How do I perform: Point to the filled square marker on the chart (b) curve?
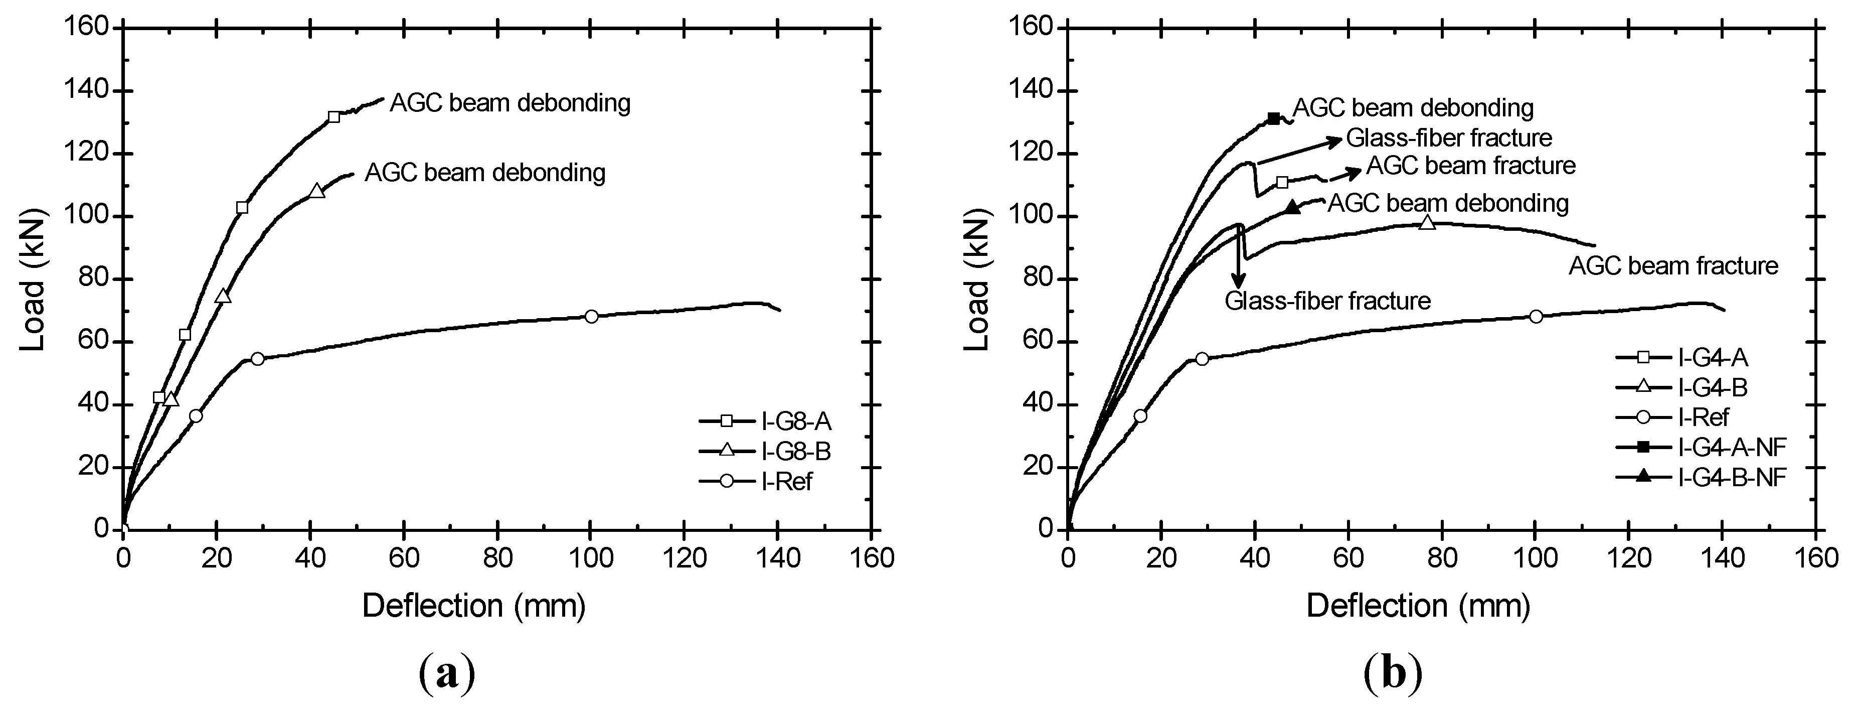(x=1273, y=118)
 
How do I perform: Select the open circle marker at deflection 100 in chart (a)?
(x=592, y=317)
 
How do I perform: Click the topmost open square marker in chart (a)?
(x=333, y=117)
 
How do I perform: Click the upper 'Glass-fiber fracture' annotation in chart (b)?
(x=1449, y=137)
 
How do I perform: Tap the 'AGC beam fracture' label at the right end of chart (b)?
(x=1673, y=266)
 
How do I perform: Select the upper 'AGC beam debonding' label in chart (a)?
(x=510, y=103)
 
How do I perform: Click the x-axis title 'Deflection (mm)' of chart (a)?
(x=473, y=606)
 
